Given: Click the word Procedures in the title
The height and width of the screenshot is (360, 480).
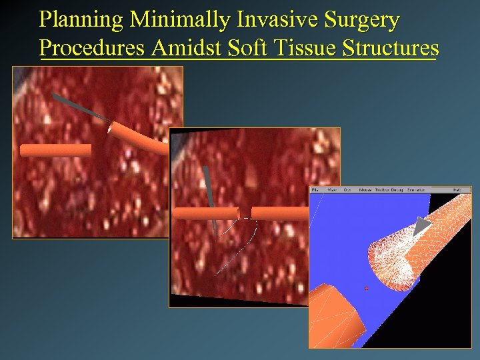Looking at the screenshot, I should [93, 49].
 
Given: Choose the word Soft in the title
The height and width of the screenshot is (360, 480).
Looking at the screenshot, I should [252, 48].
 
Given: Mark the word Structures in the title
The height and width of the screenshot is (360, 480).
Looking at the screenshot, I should [391, 48].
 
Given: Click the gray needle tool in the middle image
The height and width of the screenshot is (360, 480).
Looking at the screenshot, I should [209, 193].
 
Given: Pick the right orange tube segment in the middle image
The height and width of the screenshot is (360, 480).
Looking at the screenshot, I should [280, 213].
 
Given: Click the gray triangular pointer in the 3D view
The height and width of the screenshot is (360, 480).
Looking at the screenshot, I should [421, 227].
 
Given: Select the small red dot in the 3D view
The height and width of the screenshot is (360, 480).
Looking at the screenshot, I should [367, 288].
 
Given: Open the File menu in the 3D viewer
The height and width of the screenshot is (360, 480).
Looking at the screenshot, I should [315, 190].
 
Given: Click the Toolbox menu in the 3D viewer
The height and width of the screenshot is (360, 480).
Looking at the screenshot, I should [383, 190].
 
